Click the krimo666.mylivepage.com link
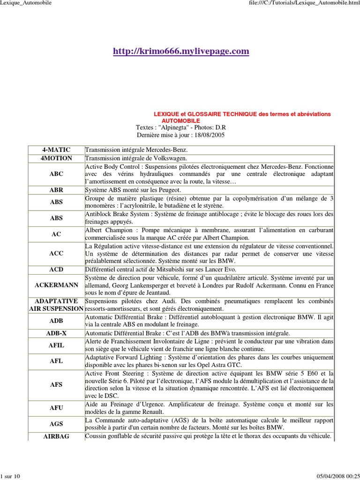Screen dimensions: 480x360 click(x=181, y=51)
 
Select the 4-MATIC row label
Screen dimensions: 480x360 click(x=56, y=150)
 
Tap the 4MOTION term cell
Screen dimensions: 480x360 click(x=56, y=158)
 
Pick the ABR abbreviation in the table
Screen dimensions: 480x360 click(x=56, y=190)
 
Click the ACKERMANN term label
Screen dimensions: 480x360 click(x=56, y=285)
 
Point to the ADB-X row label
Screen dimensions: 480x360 click(x=56, y=333)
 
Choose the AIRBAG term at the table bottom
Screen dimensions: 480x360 click(x=56, y=436)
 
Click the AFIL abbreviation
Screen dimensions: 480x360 click(x=56, y=345)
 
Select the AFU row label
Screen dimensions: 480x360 click(x=56, y=408)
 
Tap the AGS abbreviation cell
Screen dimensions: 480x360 click(x=56, y=424)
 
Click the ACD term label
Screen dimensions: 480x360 click(x=56, y=270)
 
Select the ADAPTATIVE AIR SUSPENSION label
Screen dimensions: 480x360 click(x=56, y=305)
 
